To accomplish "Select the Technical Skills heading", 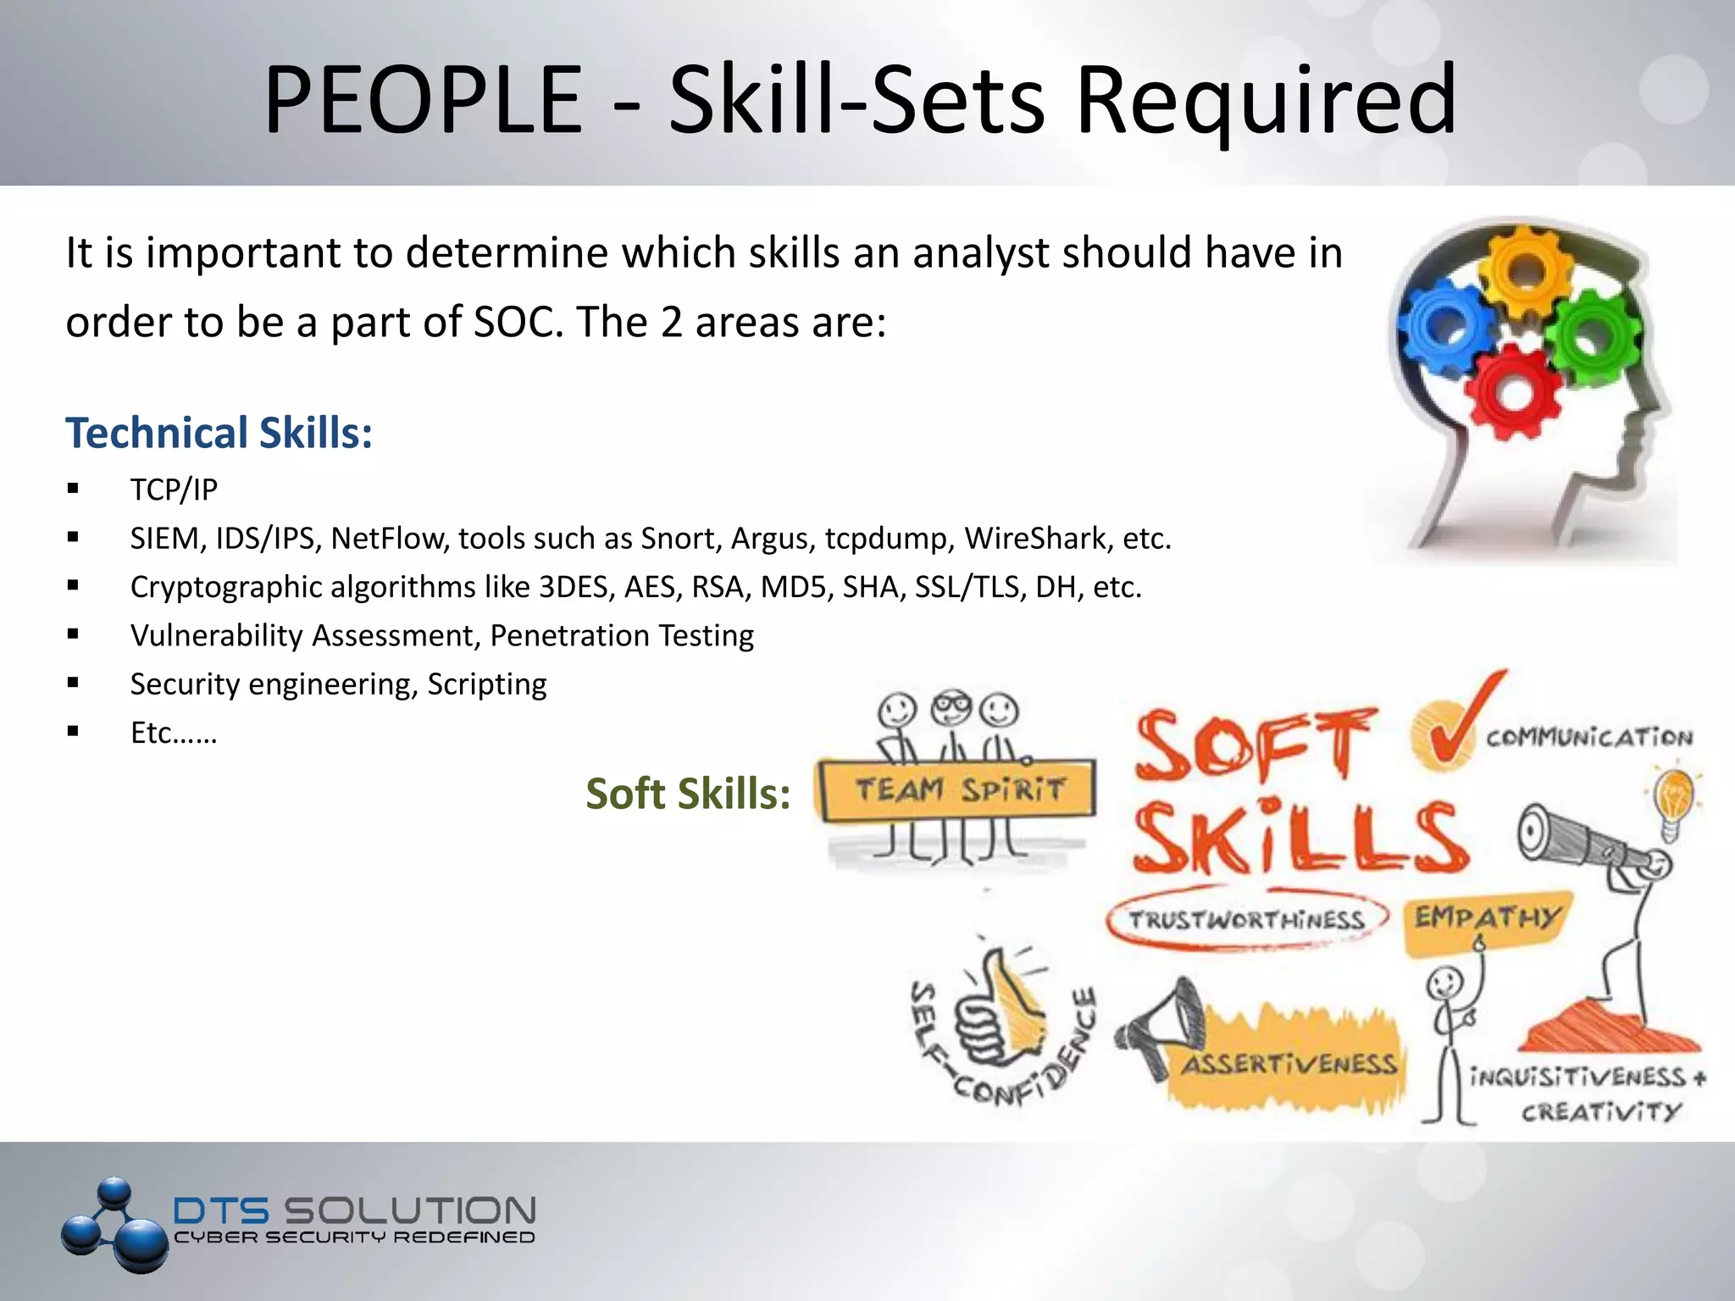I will click(219, 433).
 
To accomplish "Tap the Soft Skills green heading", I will click(688, 794).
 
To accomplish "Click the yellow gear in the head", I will click(1526, 270).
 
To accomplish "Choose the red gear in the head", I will click(1513, 391).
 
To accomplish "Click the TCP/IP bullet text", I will click(174, 490).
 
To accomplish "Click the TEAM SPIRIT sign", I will click(958, 790).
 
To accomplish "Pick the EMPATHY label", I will click(1487, 918).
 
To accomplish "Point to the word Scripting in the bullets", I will click(487, 684).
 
